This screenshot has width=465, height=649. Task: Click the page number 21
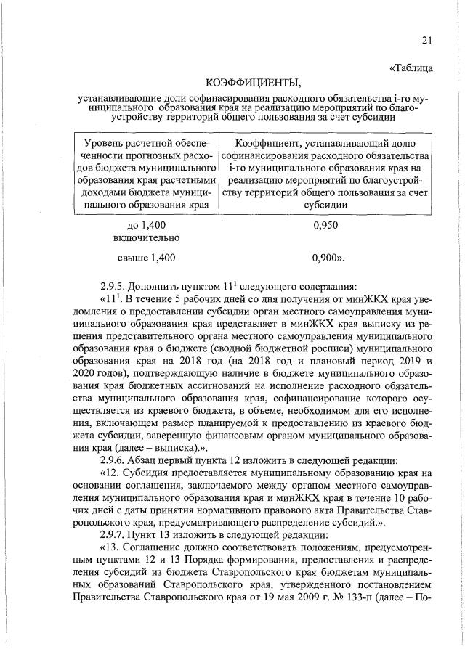pos(426,40)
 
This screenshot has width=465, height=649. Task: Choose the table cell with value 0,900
pos(328,257)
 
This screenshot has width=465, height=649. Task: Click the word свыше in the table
pos(132,257)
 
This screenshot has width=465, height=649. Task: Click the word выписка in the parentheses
pos(166,447)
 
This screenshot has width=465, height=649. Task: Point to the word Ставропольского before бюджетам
pos(228,572)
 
